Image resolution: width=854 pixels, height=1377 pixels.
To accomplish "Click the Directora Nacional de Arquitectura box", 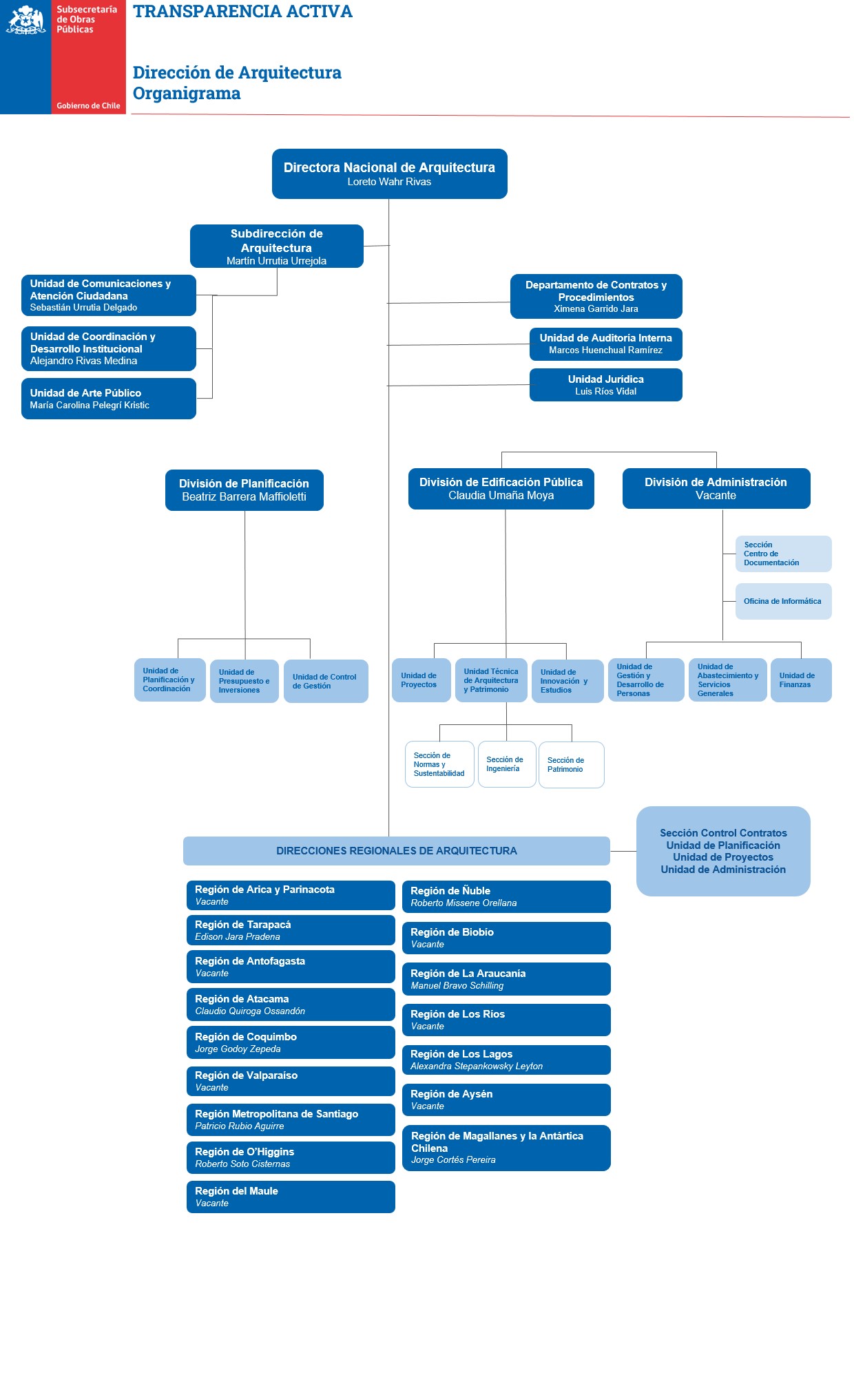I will [x=389, y=174].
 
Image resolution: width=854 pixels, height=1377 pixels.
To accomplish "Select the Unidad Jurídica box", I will [x=605, y=385].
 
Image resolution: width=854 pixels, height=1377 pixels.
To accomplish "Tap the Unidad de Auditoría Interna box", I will [x=605, y=344].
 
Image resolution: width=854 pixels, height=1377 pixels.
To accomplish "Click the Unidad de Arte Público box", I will [x=109, y=399].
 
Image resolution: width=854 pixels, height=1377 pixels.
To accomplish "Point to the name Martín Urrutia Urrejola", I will [x=276, y=261].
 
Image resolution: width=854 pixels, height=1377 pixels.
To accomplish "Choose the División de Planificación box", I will [x=244, y=490].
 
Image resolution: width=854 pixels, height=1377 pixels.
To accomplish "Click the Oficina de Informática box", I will [x=783, y=601].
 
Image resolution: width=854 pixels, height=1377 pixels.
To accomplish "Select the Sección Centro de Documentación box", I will [x=783, y=554].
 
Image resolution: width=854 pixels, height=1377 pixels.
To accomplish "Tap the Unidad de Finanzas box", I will [x=800, y=680].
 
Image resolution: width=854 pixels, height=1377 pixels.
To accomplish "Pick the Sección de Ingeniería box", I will [x=506, y=764].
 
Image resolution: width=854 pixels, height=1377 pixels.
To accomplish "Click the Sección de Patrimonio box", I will [x=571, y=765].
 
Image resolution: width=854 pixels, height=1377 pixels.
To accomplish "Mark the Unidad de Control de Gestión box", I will [x=325, y=681].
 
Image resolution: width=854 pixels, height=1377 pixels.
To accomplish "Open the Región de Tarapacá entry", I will [x=290, y=930].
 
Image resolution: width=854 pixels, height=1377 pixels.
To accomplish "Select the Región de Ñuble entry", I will [x=506, y=896].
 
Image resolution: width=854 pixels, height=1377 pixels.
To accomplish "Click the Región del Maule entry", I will [x=290, y=1197].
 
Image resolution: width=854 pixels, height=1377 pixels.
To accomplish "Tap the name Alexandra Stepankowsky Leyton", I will [x=477, y=1066].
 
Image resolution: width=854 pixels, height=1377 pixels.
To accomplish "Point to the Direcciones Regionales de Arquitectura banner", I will [x=396, y=851].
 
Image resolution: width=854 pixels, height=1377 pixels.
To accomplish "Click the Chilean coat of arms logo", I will [x=25, y=21].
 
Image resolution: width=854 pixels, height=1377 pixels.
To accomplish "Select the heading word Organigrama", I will [x=187, y=94].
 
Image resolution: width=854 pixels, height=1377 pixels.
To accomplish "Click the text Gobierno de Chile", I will [x=88, y=106].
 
